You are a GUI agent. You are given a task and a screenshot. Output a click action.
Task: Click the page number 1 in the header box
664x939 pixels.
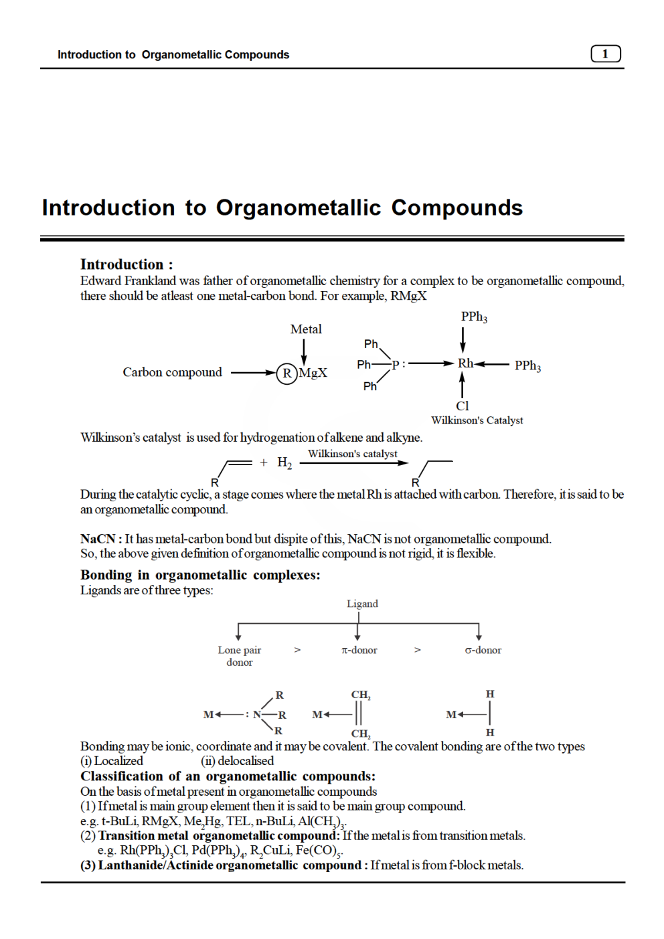pos(605,54)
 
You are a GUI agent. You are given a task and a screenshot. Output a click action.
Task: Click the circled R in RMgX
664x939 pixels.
pos(286,373)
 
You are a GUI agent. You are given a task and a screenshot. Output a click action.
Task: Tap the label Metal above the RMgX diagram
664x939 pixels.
pos(306,329)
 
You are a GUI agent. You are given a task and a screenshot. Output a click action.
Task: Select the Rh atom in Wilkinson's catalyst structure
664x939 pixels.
pos(465,363)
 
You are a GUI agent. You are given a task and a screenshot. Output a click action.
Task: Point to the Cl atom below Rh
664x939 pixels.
pos(463,406)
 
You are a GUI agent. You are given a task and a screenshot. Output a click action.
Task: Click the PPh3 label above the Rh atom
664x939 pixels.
pos(474,317)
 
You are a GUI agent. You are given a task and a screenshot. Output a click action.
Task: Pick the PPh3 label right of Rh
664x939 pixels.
pos(527,365)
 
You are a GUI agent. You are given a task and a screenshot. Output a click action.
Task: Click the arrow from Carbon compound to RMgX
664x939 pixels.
pos(253,373)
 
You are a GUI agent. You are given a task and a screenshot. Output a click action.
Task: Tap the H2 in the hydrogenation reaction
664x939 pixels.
pos(284,462)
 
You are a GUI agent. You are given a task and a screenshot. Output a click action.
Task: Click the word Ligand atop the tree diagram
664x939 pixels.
pos(362,604)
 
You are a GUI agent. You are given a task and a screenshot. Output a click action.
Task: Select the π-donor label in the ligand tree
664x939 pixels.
pos(359,650)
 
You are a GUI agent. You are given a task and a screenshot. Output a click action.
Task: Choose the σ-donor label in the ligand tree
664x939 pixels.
pos(483,650)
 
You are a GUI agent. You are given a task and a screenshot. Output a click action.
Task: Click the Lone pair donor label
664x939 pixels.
pos(240,656)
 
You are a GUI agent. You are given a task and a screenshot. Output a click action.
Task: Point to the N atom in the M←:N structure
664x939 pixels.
pos(256,715)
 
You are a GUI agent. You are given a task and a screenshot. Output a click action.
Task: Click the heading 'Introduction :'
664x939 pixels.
pos(127,264)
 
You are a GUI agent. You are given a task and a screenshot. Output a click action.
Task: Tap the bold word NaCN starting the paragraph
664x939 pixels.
pos(98,539)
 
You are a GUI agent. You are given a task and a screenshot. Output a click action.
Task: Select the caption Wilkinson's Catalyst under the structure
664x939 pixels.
pos(477,420)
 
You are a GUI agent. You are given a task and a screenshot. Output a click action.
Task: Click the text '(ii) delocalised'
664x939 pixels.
pos(237,761)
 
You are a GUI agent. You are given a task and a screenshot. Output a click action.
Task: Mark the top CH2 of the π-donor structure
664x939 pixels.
pos(361,695)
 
